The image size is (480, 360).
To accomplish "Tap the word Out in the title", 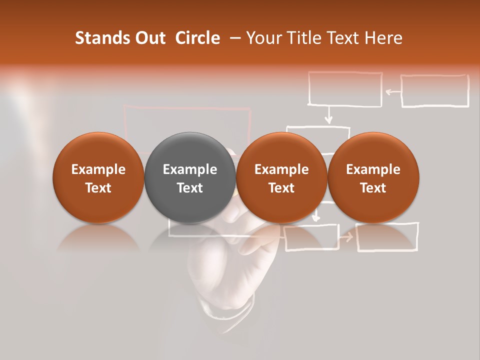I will click(149, 38).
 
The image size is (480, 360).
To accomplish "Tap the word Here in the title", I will click(383, 38).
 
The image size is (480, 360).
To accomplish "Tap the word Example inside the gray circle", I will click(190, 169).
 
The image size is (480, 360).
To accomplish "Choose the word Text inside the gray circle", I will click(190, 188).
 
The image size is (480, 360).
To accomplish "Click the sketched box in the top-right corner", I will click(435, 91).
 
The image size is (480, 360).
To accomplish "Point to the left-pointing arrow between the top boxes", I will click(393, 91).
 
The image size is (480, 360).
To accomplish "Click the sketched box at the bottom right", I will click(387, 236).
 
